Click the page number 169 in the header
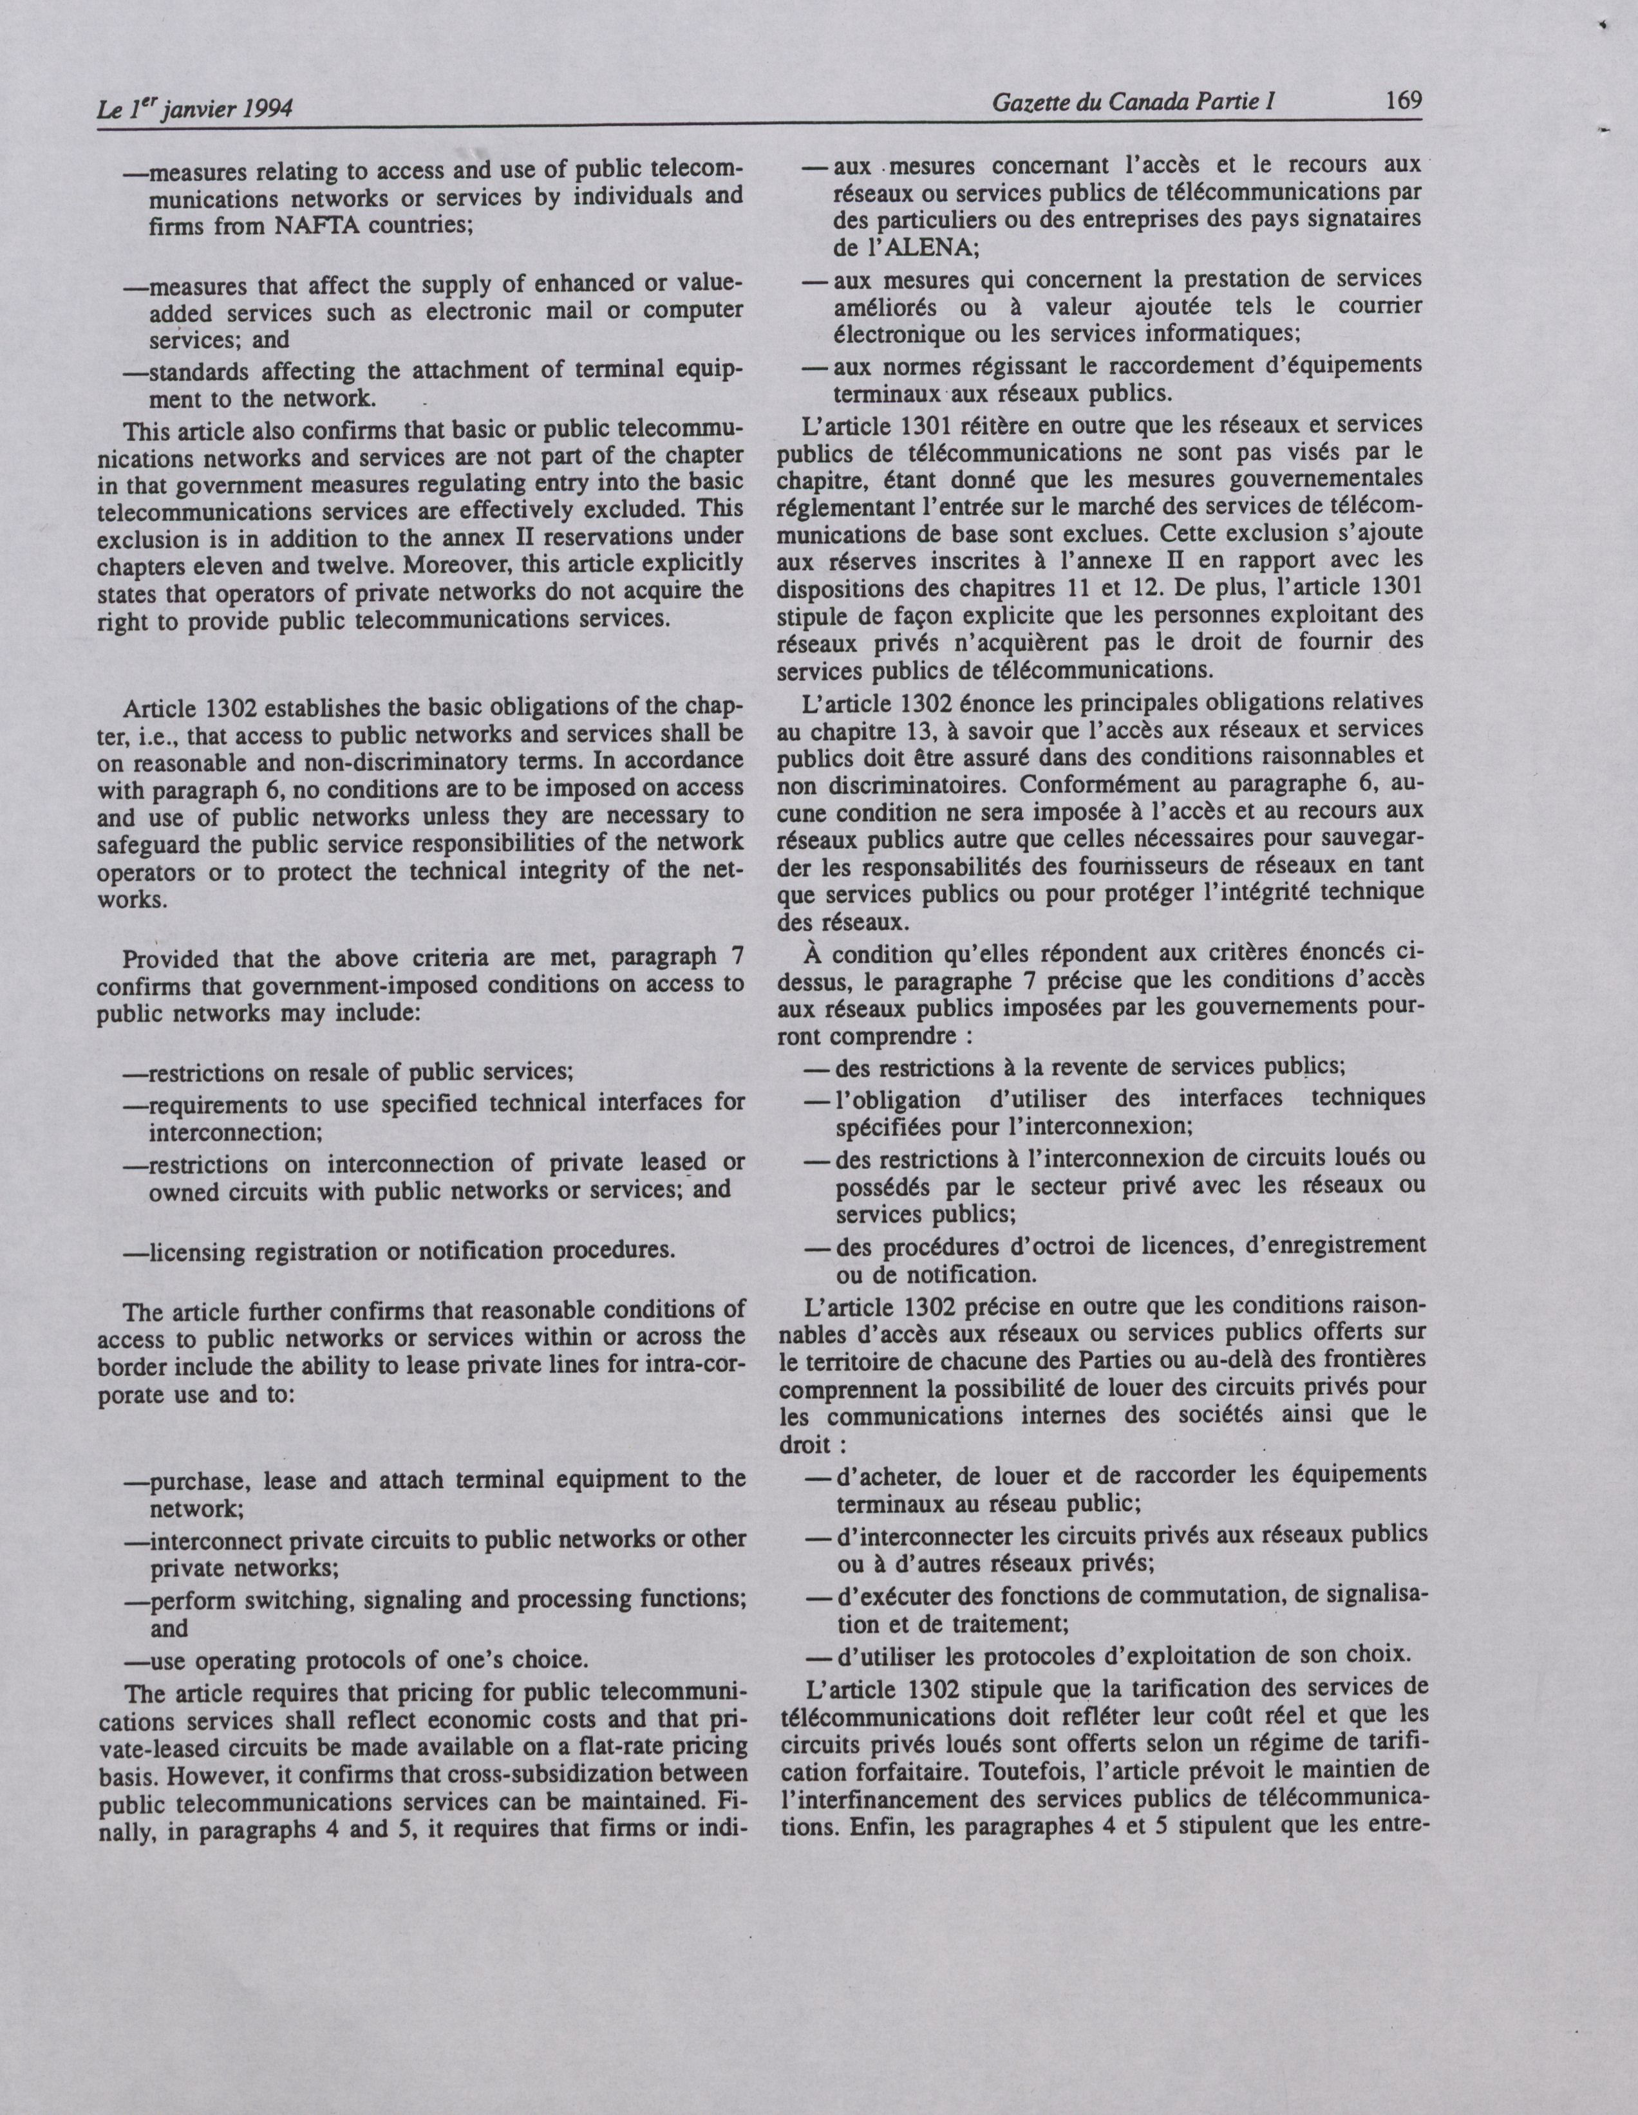click(x=1402, y=100)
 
